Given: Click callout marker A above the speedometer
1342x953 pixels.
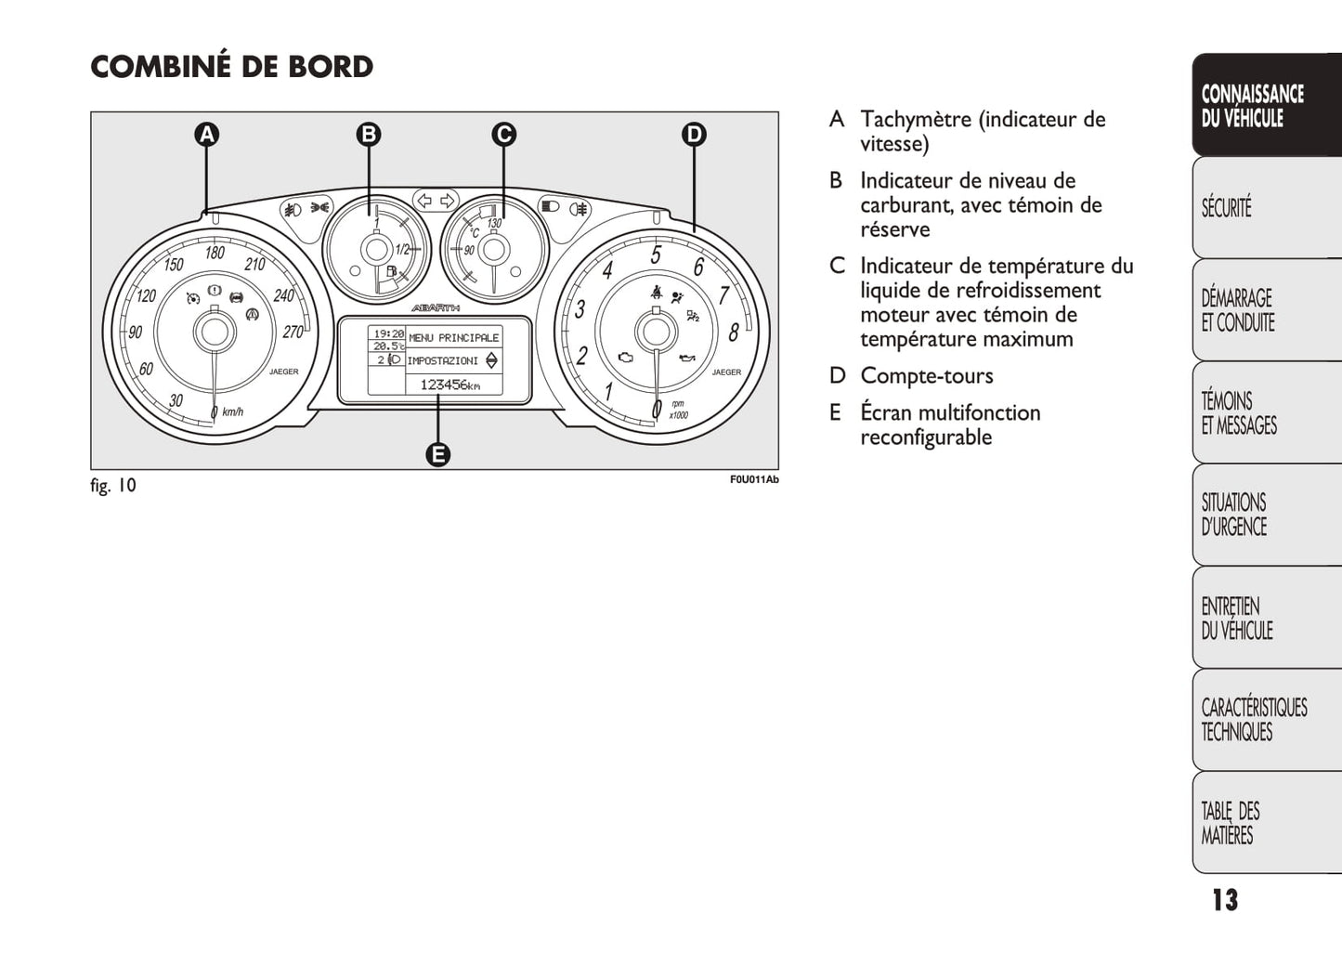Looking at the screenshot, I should (x=206, y=135).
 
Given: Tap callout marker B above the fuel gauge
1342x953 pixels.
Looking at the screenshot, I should (x=369, y=135).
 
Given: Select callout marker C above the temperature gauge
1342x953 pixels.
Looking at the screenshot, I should (x=503, y=135).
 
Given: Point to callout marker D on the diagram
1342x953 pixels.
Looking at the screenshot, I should (x=694, y=135).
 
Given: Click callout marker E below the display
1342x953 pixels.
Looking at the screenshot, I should (x=437, y=454).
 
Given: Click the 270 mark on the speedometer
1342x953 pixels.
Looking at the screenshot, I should (x=293, y=332).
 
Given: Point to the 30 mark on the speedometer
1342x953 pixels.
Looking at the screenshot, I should (x=176, y=401).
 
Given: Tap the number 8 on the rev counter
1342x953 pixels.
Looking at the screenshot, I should (x=734, y=332).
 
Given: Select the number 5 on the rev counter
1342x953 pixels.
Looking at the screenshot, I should (x=656, y=255).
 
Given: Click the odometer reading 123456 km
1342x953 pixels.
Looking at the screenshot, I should (x=450, y=385).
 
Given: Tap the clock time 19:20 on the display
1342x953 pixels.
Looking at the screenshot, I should (x=388, y=333).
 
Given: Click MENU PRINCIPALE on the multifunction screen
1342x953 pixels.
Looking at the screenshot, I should (x=453, y=338).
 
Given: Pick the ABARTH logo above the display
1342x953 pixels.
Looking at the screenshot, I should (x=435, y=307).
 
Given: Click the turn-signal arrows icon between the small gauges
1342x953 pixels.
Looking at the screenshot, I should (x=436, y=201).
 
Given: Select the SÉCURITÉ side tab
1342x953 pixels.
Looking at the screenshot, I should (x=1227, y=207).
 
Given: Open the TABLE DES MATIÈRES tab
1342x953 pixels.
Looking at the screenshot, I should (x=1231, y=823).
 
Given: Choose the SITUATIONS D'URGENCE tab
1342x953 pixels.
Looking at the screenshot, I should (x=1233, y=515).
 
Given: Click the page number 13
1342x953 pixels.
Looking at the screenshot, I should (x=1224, y=900).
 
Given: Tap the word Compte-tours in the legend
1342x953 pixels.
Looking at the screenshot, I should (x=926, y=376).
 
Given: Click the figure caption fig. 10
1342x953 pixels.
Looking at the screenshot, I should (x=113, y=486).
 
